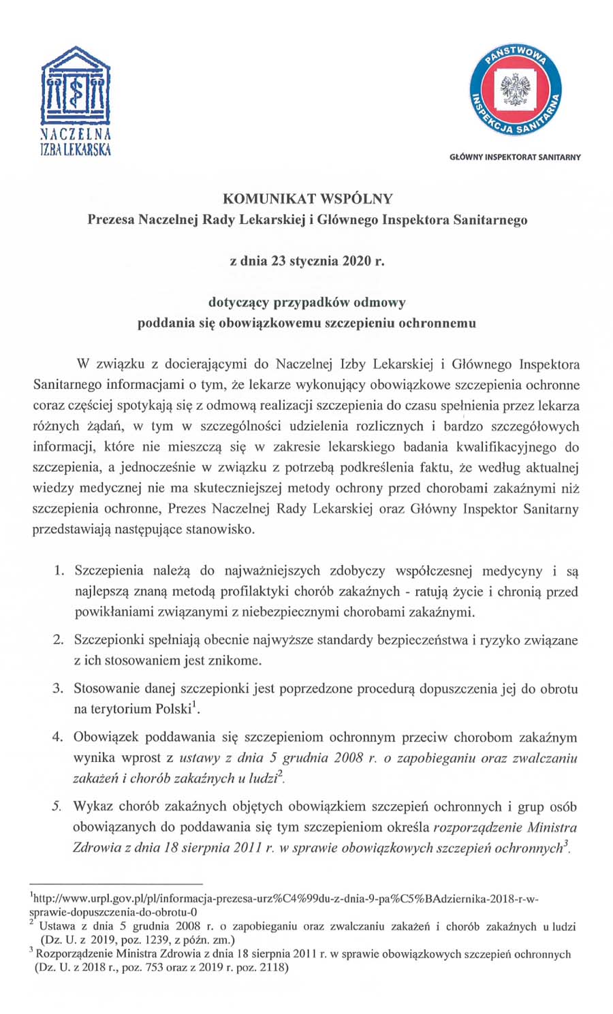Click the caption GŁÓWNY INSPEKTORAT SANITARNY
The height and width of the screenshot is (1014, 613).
515,157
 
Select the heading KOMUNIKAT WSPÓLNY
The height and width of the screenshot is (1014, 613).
307,199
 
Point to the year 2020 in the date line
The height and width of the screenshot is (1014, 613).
354,261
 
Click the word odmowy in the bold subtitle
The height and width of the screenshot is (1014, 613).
380,302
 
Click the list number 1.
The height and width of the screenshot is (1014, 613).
59,570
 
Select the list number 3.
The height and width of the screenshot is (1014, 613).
59,688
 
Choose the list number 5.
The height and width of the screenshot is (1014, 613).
59,807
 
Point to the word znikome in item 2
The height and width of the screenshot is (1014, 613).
237,660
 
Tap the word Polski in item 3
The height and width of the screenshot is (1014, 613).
173,709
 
